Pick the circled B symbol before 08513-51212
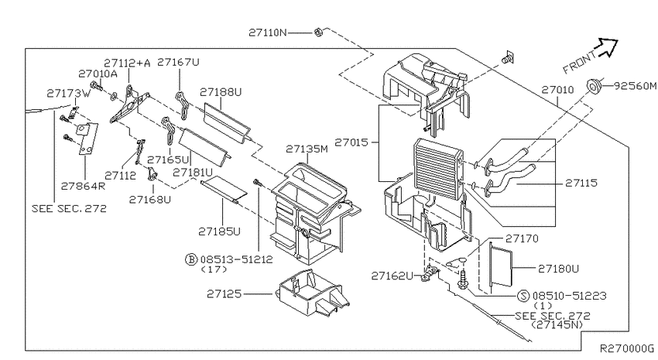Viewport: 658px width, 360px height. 190,259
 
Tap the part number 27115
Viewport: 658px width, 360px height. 581,183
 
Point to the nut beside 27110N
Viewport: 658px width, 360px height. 318,33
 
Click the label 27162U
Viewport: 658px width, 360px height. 392,275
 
